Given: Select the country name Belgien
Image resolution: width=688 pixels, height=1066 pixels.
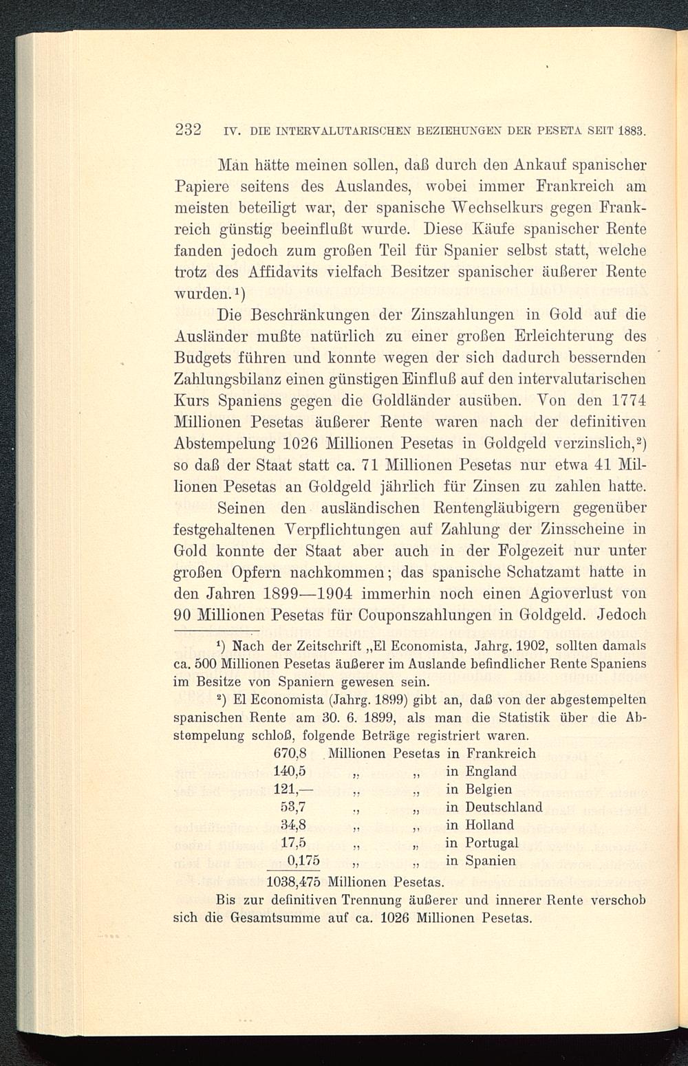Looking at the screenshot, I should [488, 789].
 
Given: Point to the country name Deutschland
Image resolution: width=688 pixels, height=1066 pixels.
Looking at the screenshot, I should [504, 807].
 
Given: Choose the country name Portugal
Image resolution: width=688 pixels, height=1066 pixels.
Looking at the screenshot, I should [491, 842].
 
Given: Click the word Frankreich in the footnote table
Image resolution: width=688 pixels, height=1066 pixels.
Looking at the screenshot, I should [500, 753].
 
